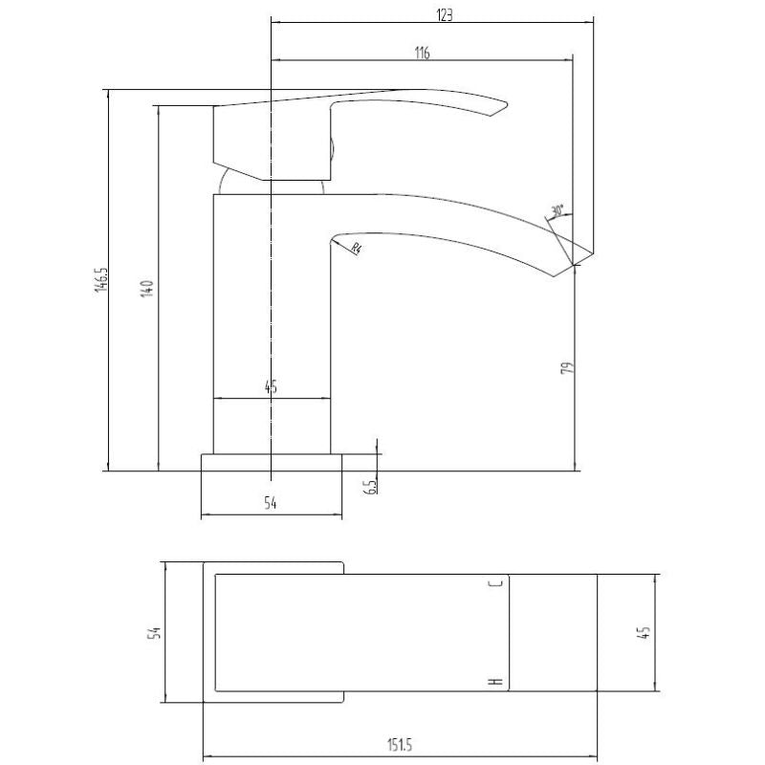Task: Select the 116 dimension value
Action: point(422,54)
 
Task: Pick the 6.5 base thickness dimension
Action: point(370,487)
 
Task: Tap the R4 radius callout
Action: point(355,250)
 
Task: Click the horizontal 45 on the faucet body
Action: point(270,387)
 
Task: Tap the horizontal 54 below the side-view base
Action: point(270,504)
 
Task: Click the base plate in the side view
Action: point(271,463)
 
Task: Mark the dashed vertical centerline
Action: point(273,287)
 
